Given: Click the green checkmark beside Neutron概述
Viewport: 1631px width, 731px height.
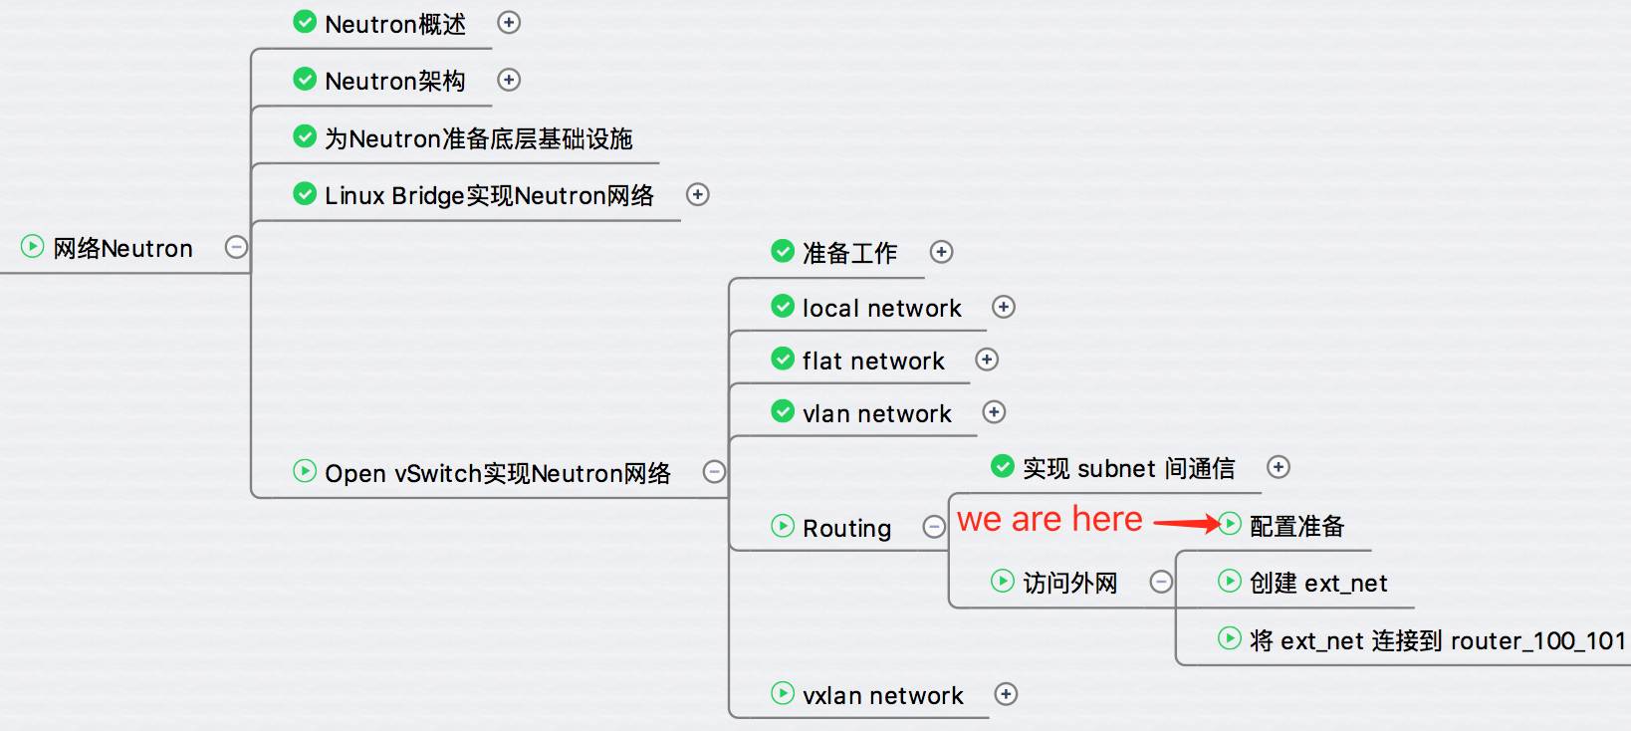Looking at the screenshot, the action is (x=305, y=22).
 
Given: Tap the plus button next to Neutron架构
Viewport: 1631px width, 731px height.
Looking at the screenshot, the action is (x=508, y=80).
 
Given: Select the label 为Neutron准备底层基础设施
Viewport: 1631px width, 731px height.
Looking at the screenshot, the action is (x=478, y=138).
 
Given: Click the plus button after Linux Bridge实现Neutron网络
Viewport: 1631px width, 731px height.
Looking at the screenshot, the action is (x=698, y=194).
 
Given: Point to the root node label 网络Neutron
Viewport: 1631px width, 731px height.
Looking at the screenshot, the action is (x=123, y=248).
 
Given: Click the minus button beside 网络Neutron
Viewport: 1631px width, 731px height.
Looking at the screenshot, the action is (x=236, y=247).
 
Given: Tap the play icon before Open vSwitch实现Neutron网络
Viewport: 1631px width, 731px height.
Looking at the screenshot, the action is (x=305, y=471).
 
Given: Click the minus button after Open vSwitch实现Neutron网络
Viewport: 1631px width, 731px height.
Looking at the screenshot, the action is (x=714, y=471).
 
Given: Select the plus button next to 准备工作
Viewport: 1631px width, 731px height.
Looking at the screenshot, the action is (x=942, y=252).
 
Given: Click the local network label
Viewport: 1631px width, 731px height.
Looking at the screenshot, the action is (x=882, y=308).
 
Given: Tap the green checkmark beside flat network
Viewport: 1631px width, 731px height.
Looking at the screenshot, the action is (x=783, y=359).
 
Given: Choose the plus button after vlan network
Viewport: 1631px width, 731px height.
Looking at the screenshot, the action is (x=994, y=412).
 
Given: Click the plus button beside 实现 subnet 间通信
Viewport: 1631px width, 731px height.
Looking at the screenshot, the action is (x=1278, y=467).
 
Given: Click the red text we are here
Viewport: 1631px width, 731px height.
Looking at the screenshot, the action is (x=1049, y=519).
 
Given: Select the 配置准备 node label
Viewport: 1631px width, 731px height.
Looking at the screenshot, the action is (x=1296, y=526).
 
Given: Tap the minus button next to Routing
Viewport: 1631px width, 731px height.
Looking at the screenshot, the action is (x=933, y=527).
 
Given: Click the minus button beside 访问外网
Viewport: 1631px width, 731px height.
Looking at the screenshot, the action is (x=1161, y=582).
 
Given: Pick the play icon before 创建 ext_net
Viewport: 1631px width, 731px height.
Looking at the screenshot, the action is (x=1230, y=581).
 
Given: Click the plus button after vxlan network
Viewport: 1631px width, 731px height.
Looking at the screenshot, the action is (x=1007, y=694).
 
